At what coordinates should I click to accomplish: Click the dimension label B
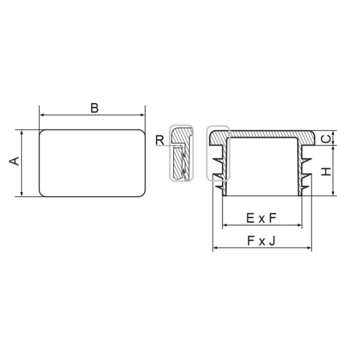(94, 108)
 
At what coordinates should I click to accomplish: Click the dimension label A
(14, 161)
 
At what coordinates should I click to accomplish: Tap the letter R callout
(160, 140)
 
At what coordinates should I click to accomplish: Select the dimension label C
(326, 138)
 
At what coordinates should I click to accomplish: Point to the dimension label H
(326, 171)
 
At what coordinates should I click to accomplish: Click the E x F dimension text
(261, 218)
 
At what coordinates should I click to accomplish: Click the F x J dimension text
(261, 241)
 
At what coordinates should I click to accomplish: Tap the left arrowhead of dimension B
(42, 115)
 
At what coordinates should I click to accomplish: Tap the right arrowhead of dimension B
(142, 115)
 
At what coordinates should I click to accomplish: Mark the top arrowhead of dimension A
(22, 132)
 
